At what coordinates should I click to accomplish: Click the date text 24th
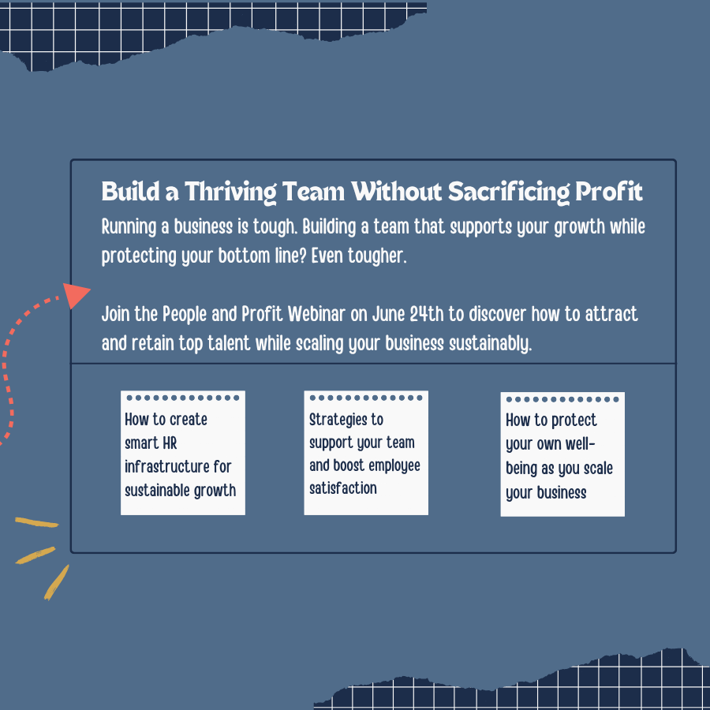[x=428, y=315]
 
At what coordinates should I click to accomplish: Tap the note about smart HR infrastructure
[x=182, y=454]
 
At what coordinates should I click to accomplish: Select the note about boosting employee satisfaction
[x=366, y=454]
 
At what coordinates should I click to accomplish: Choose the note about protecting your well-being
[x=562, y=455]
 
